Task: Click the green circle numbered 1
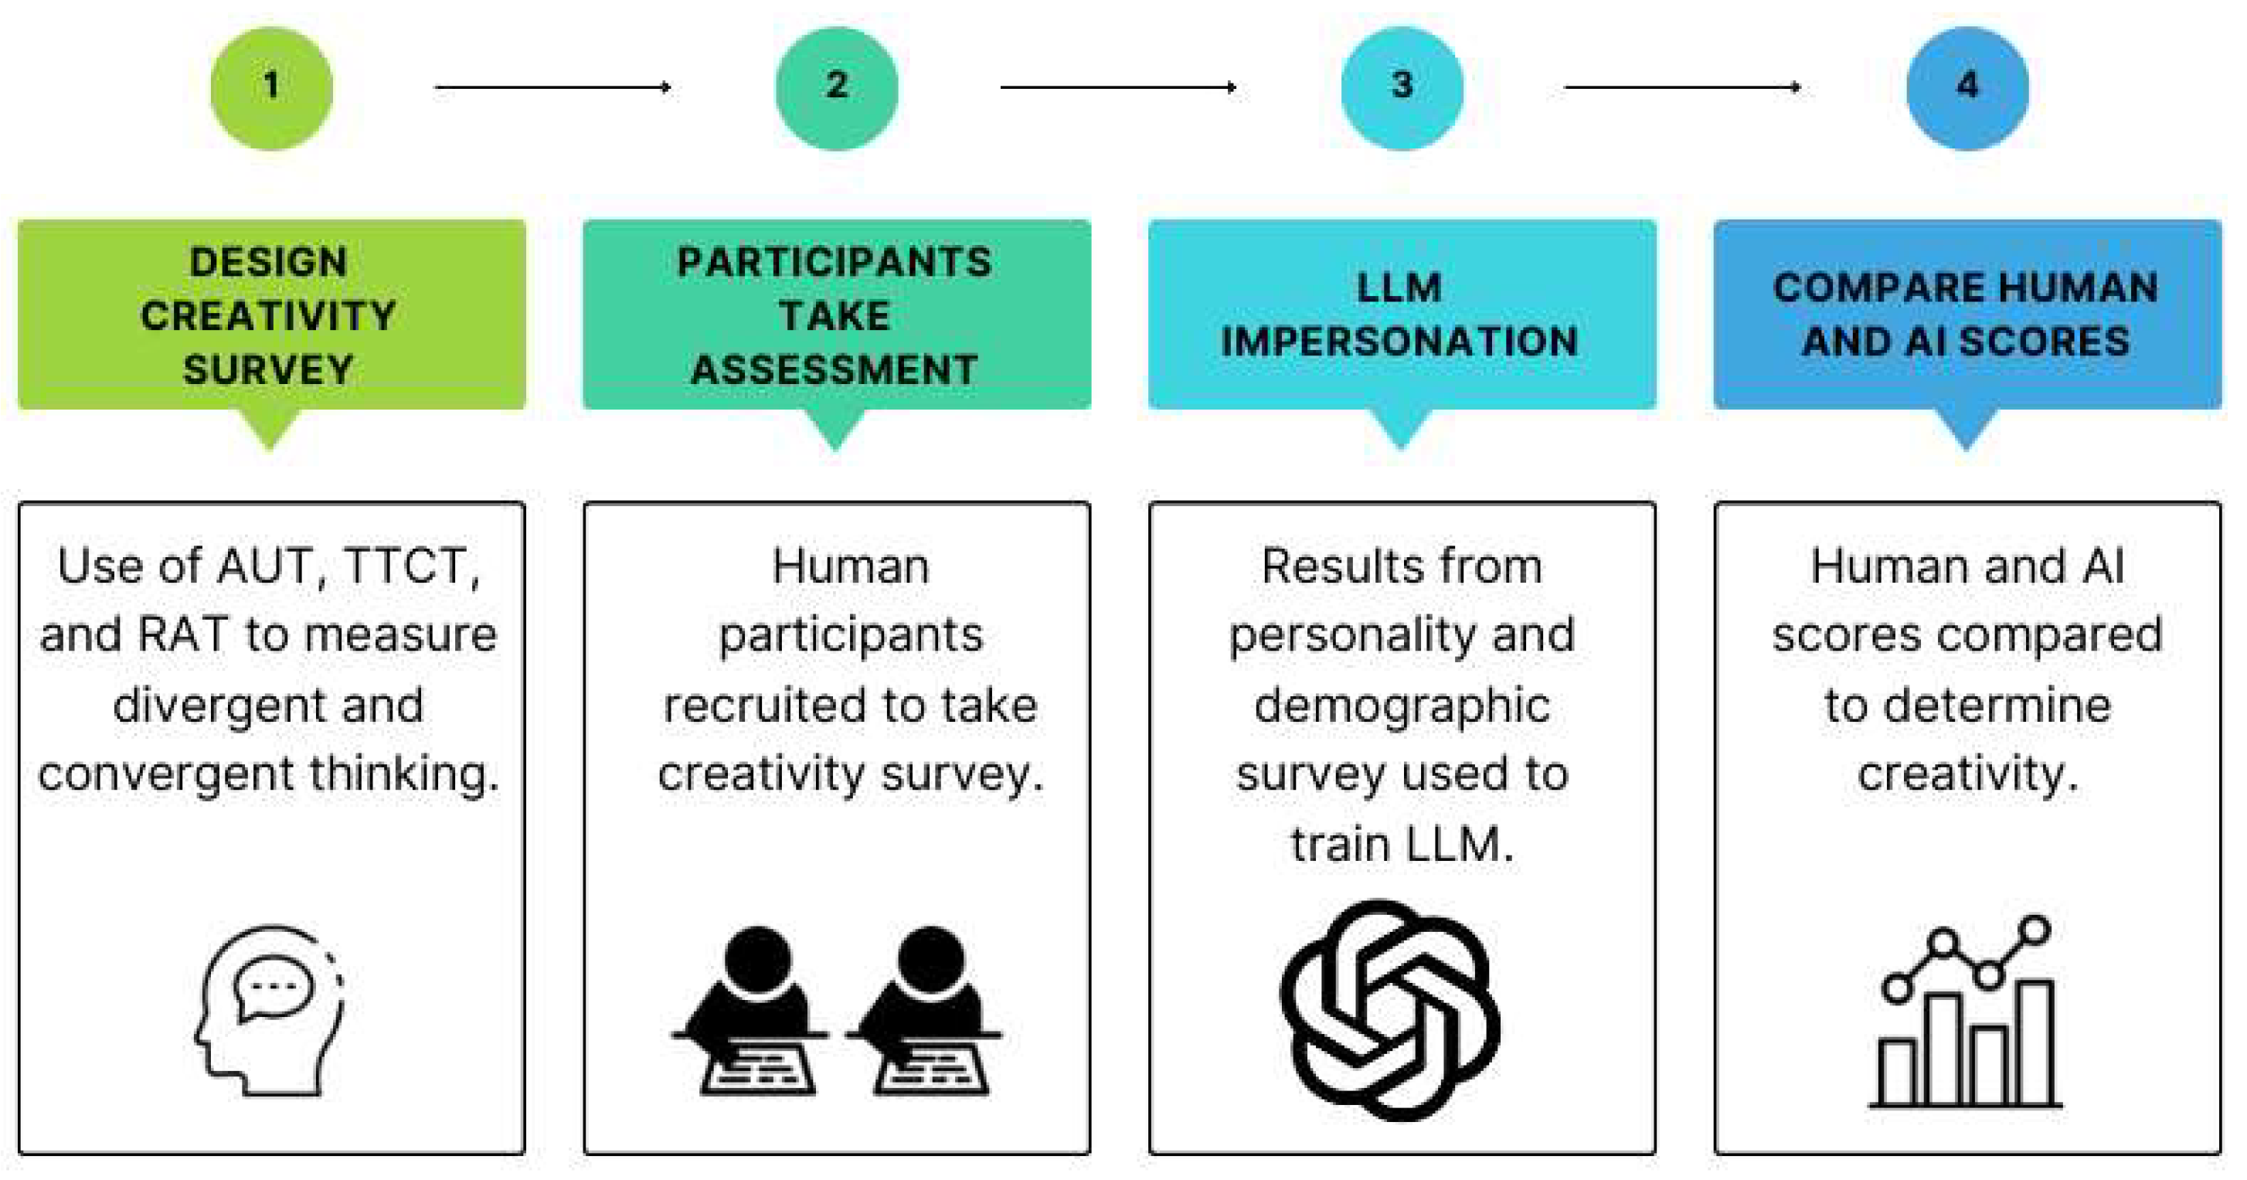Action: point(271,88)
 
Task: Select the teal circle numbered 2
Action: point(837,88)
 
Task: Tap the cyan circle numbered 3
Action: point(1402,88)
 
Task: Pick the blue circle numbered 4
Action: point(1967,88)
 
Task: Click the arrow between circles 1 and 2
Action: point(553,87)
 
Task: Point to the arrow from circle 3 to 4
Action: point(1683,87)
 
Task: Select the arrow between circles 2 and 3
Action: point(1118,87)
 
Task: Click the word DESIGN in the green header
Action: point(269,263)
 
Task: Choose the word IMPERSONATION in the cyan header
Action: point(1399,341)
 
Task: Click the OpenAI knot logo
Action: point(1389,1010)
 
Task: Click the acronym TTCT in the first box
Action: point(411,567)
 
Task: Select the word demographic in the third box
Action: point(1402,706)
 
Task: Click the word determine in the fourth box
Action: point(1997,706)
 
